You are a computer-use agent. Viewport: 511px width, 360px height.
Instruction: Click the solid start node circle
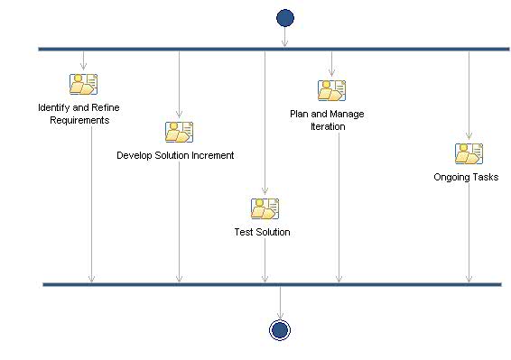pos(285,17)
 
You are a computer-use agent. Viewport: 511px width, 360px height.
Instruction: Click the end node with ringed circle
pos(280,329)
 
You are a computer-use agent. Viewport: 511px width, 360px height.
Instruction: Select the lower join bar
pos(272,284)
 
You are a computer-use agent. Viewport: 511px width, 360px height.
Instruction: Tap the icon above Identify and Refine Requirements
pos(83,84)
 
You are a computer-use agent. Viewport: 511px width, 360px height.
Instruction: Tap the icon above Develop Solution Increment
pos(179,132)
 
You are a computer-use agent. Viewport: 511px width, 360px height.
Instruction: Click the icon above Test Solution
pos(265,208)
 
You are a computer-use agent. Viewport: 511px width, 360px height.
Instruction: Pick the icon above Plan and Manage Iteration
pos(331,90)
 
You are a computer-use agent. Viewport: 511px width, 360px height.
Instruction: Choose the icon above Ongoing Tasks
pos(469,153)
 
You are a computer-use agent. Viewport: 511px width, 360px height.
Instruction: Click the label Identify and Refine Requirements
pos(79,114)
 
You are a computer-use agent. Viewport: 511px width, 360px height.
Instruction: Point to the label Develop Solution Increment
pos(175,155)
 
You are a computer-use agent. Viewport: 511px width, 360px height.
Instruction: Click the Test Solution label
pos(262,232)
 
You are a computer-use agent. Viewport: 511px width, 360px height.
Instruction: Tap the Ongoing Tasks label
pos(466,177)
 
